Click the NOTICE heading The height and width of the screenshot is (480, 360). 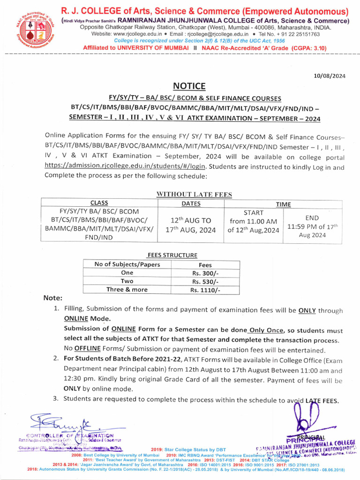click(x=189, y=86)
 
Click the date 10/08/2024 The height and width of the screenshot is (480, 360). click(x=330, y=76)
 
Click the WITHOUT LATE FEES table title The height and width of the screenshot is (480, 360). click(x=187, y=194)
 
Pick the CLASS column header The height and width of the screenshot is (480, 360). click(x=99, y=203)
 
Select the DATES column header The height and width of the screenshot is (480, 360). click(x=191, y=203)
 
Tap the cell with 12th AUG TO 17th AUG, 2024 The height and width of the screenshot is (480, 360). click(x=191, y=225)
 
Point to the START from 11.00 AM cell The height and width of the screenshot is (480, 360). click(x=254, y=221)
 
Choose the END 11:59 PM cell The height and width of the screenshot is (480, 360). click(x=312, y=226)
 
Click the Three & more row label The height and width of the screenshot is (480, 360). click(x=127, y=290)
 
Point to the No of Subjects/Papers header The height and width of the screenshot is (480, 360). click(x=127, y=264)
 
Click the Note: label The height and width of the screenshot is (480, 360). click(x=52, y=298)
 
